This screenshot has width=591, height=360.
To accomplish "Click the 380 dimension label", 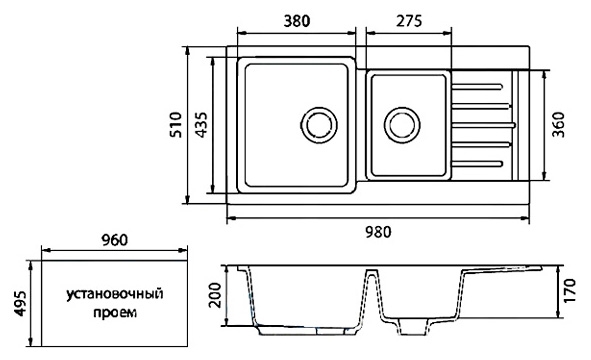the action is (297, 21).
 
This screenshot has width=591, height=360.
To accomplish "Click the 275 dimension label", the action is (409, 21).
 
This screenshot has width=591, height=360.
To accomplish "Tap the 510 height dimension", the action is (176, 124).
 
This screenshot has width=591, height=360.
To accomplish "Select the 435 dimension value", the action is (202, 124).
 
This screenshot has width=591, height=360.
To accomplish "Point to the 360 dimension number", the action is (558, 124).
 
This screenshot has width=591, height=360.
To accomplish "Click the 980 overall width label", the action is (378, 232).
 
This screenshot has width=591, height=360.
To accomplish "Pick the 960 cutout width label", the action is (115, 240).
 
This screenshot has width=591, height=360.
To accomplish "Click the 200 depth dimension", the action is (215, 295).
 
